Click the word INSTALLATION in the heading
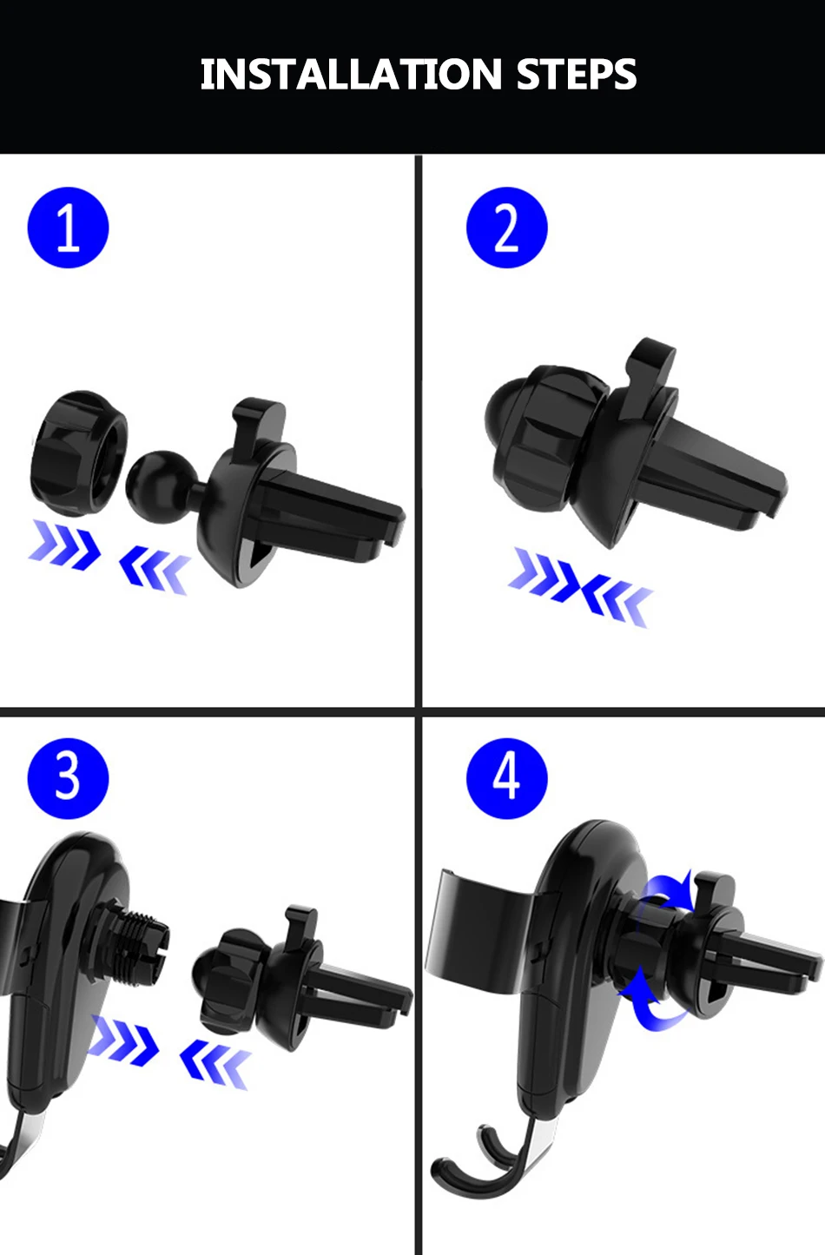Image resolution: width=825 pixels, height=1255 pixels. click(x=351, y=74)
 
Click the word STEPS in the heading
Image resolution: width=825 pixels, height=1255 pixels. click(x=577, y=74)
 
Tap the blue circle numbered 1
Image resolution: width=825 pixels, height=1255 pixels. click(x=68, y=228)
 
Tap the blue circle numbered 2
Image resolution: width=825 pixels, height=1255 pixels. click(x=506, y=228)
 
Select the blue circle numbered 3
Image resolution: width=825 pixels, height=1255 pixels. click(x=68, y=778)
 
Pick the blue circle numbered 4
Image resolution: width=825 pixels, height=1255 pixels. click(x=506, y=778)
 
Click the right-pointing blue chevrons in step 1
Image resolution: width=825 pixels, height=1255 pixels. click(x=65, y=544)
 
